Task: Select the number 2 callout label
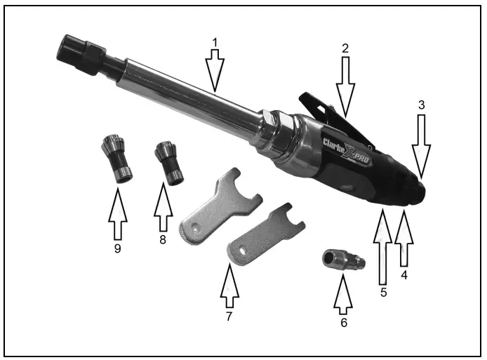click(345, 48)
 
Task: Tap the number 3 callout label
click(422, 105)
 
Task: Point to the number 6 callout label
click(342, 324)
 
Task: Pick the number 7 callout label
click(229, 316)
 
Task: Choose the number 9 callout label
click(117, 248)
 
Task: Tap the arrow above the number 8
click(163, 208)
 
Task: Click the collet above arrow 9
click(117, 160)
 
